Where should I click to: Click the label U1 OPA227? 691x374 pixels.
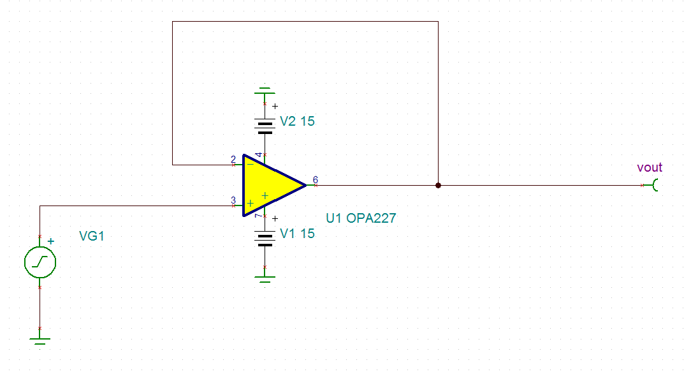pyautogui.click(x=361, y=218)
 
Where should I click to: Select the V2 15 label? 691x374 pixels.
pyautogui.click(x=297, y=121)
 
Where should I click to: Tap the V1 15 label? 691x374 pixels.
pyautogui.click(x=297, y=234)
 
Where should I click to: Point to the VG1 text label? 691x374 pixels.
pyautogui.click(x=91, y=237)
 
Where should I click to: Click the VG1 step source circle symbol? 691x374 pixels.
pyautogui.click(x=40, y=262)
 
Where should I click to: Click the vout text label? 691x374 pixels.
pyautogui.click(x=650, y=168)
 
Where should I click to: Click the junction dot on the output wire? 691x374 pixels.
pyautogui.click(x=438, y=186)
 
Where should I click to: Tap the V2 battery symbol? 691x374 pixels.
pyautogui.click(x=265, y=125)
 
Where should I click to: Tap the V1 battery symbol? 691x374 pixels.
pyautogui.click(x=265, y=237)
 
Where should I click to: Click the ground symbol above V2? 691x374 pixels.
pyautogui.click(x=265, y=90)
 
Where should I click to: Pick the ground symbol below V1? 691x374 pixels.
pyautogui.click(x=265, y=278)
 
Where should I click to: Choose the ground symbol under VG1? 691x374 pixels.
pyautogui.click(x=40, y=340)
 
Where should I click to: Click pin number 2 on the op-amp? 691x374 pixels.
pyautogui.click(x=233, y=159)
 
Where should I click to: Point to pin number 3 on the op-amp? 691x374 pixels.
pyautogui.click(x=233, y=200)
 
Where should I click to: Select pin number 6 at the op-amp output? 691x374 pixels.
pyautogui.click(x=315, y=179)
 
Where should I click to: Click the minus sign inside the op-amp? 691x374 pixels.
pyautogui.click(x=250, y=164)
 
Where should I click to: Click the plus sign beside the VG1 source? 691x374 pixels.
pyautogui.click(x=51, y=241)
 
